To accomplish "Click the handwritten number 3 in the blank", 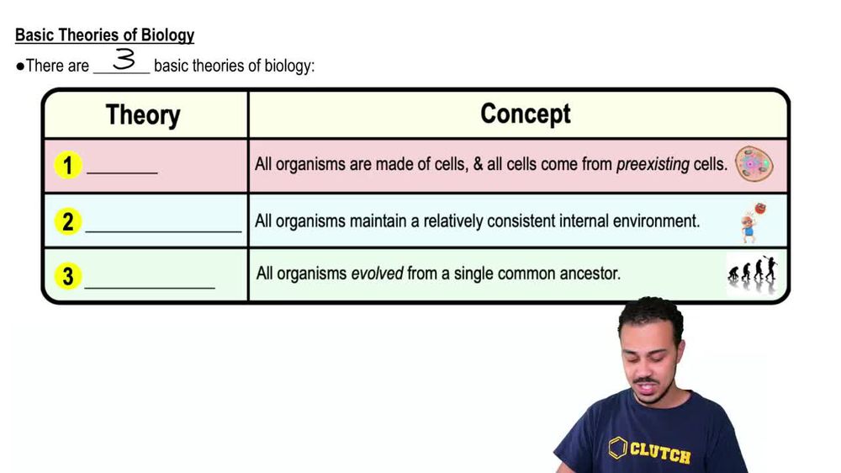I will (x=124, y=60).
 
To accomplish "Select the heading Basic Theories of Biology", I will (x=104, y=35).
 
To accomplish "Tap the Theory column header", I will (x=143, y=115).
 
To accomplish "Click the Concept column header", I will (x=525, y=114).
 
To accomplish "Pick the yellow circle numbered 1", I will (x=67, y=165).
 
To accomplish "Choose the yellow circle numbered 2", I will (x=67, y=221).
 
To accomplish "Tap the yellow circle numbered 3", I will (x=67, y=275).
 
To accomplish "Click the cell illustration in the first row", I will (x=754, y=165).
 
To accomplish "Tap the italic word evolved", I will (x=377, y=274).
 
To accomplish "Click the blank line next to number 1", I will (x=123, y=171).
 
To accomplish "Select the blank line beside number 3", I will (x=150, y=285).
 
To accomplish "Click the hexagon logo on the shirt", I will (x=618, y=447).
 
